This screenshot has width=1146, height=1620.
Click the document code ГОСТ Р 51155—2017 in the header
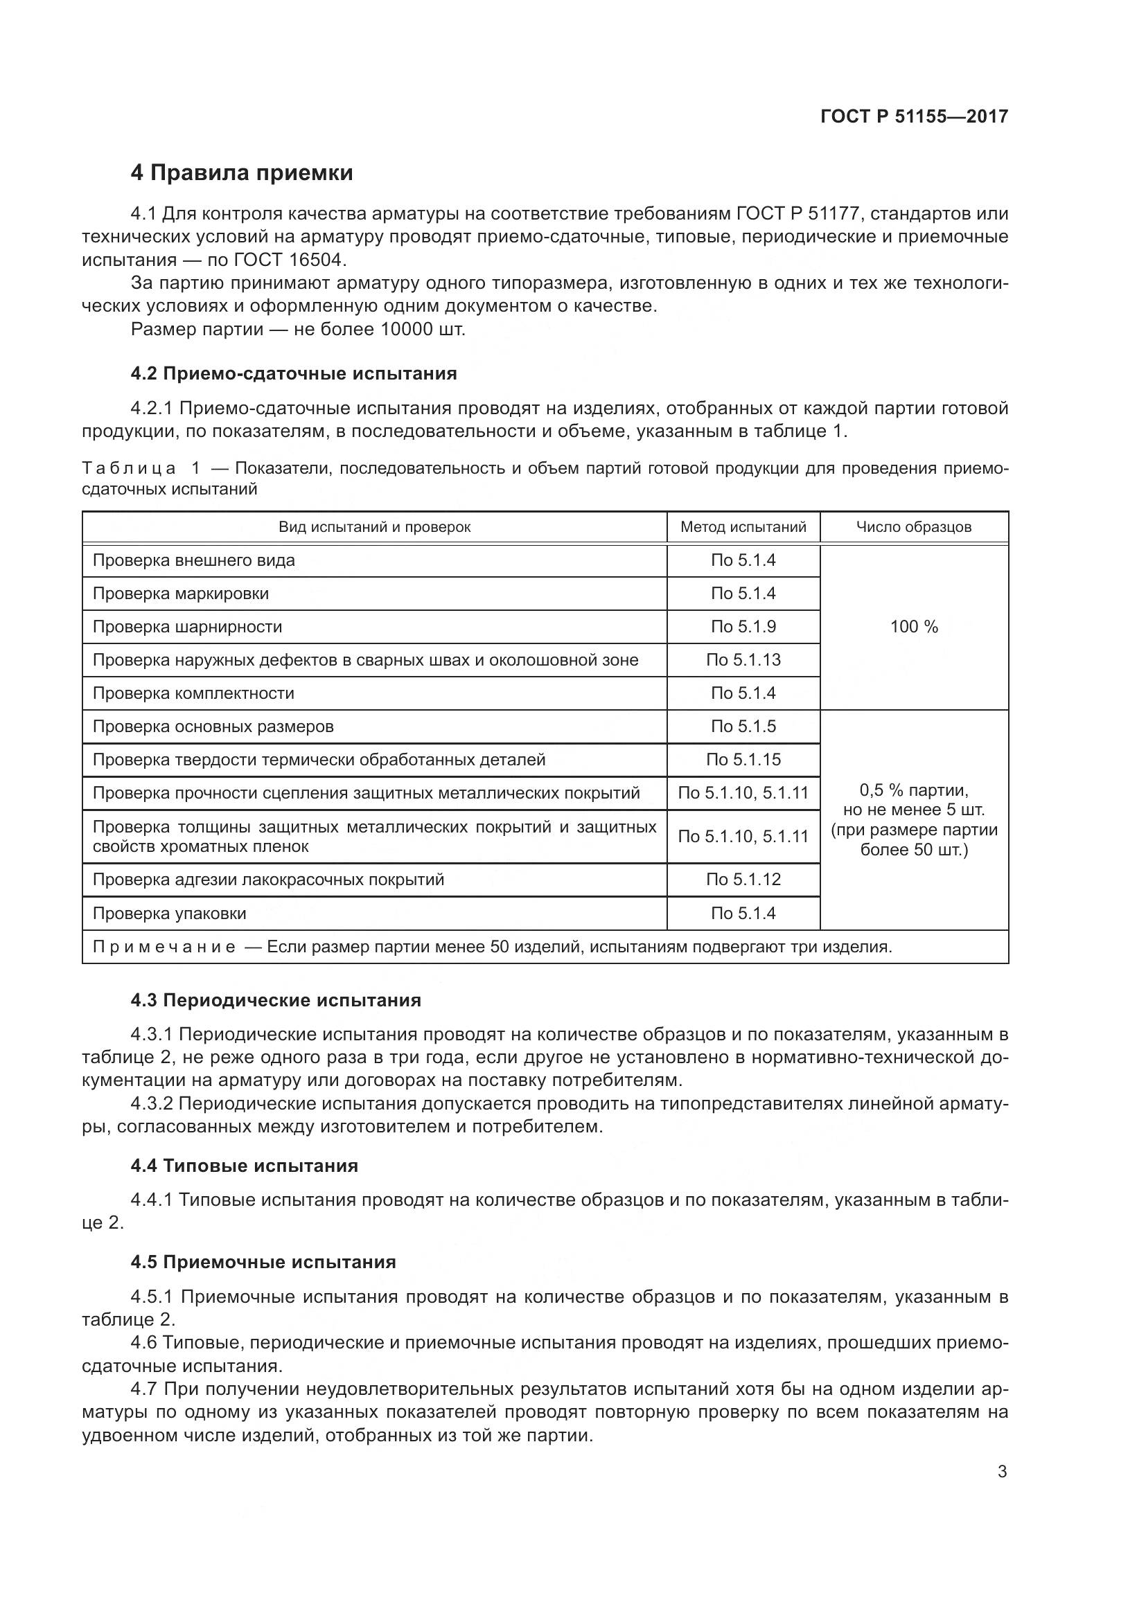click(914, 116)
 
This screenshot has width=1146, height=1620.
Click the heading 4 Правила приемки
click(241, 173)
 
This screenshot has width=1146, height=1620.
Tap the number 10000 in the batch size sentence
click(407, 330)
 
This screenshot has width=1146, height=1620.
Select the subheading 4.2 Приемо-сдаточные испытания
click(294, 374)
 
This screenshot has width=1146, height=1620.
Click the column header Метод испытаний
click(743, 527)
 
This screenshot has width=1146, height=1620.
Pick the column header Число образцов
click(913, 527)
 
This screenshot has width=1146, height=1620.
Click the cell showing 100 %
click(914, 627)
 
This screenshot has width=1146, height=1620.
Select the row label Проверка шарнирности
click(187, 627)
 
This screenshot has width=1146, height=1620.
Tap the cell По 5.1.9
click(743, 627)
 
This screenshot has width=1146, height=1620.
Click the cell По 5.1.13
click(743, 660)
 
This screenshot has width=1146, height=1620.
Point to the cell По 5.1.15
click(743, 760)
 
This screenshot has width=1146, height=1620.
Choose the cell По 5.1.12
click(743, 880)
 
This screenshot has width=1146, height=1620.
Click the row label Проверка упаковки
click(169, 914)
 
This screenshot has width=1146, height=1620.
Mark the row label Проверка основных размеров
click(213, 727)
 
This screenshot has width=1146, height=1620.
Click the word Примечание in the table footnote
click(164, 947)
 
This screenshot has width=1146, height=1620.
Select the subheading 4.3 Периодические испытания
click(275, 1001)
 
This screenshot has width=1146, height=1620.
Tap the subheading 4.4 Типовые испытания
click(244, 1166)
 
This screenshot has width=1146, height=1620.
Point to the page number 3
click(1002, 1472)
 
